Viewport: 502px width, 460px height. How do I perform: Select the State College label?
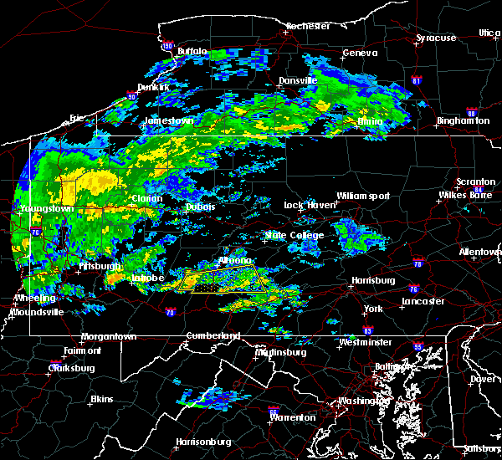(295, 236)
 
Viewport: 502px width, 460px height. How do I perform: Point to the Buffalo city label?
(192, 52)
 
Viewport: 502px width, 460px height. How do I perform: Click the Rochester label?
(307, 26)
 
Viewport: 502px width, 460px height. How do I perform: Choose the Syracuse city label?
(436, 38)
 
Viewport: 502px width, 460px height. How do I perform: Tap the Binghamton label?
(463, 120)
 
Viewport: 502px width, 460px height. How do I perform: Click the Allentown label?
(479, 251)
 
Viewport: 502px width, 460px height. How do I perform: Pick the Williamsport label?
(363, 196)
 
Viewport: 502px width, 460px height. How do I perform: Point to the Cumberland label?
(213, 336)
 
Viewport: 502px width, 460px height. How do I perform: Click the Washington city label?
(363, 401)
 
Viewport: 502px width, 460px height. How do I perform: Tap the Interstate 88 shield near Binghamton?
(471, 114)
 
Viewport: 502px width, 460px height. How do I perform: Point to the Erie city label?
(77, 119)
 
